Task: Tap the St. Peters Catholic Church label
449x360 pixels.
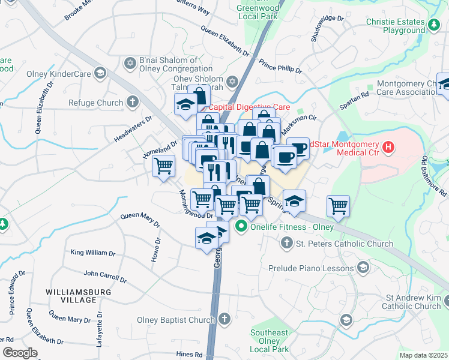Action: tap(345, 244)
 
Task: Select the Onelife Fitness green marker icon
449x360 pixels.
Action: tap(241, 226)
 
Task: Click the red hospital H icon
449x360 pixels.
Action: tap(388, 146)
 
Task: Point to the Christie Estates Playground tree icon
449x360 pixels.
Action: tap(433, 26)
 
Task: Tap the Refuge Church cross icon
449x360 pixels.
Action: tap(133, 103)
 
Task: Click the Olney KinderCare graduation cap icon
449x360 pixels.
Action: tap(101, 74)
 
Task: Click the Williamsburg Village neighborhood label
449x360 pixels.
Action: tap(70, 295)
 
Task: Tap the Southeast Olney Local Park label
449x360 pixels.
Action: tap(270, 341)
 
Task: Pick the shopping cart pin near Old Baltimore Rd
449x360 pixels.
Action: tap(339, 206)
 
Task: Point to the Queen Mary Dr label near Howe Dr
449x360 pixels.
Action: tap(140, 220)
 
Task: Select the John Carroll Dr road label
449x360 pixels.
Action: tap(105, 277)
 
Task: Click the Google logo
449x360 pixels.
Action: tap(20, 353)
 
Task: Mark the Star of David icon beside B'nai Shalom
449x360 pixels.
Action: tap(129, 63)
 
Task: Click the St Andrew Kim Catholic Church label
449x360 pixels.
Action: tap(413, 302)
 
